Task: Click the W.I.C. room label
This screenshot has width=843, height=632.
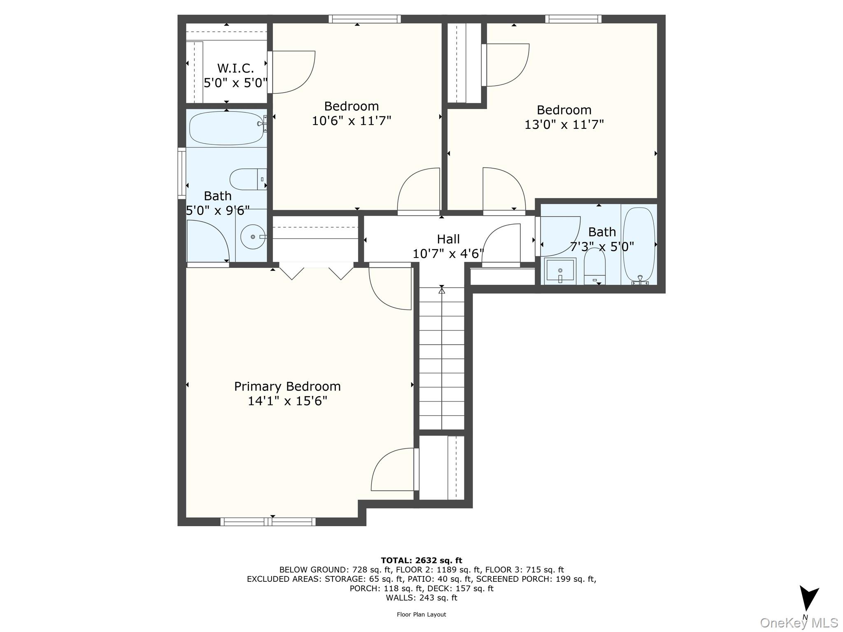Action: pyautogui.click(x=235, y=68)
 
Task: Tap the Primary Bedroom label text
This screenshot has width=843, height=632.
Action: pyautogui.click(x=287, y=386)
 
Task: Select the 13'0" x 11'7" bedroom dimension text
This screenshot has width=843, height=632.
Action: pyautogui.click(x=564, y=124)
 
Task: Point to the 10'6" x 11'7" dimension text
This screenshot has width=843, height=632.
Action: pyautogui.click(x=351, y=121)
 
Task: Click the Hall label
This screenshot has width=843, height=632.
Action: pyautogui.click(x=448, y=239)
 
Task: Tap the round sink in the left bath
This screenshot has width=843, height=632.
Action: pyautogui.click(x=252, y=237)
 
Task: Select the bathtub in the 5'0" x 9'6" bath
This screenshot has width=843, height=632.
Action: pyautogui.click(x=226, y=128)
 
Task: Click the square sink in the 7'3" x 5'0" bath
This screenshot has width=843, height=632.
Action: pyautogui.click(x=560, y=271)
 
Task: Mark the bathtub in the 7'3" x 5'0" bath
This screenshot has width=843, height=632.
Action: pyautogui.click(x=638, y=245)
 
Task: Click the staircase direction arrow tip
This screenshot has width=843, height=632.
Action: pyautogui.click(x=442, y=290)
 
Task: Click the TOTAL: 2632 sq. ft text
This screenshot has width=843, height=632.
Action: pyautogui.click(x=421, y=560)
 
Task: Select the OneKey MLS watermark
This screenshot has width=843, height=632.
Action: pyautogui.click(x=799, y=623)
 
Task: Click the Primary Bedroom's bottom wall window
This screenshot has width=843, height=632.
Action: pyautogui.click(x=268, y=522)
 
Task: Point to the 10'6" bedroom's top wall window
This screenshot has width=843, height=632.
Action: pyautogui.click(x=364, y=19)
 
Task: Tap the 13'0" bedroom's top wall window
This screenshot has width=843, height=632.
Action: pyautogui.click(x=573, y=19)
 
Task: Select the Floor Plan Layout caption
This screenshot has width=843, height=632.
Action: pyautogui.click(x=421, y=614)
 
